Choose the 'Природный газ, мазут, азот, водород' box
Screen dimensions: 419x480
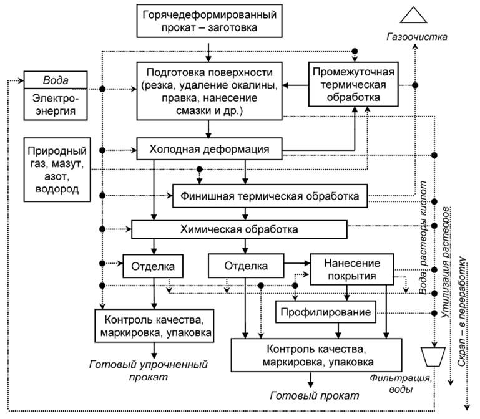(56, 170)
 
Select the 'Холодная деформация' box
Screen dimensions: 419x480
(210, 150)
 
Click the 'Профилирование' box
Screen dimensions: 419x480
(325, 311)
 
